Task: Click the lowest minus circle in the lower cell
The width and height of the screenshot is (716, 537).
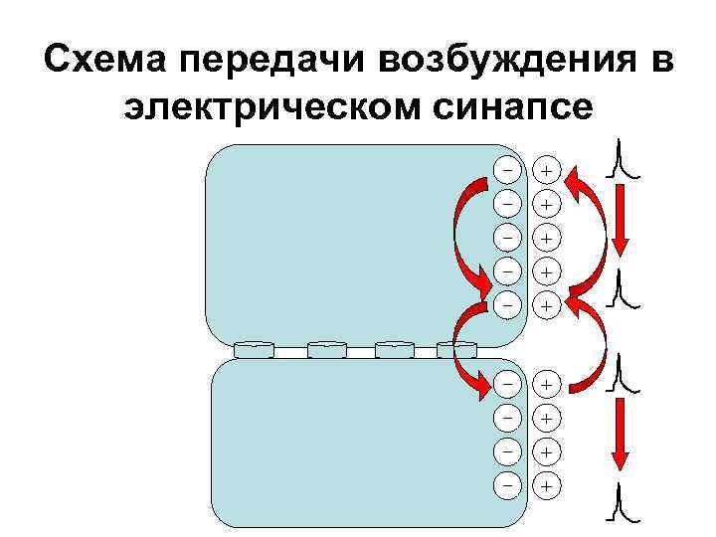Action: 507,485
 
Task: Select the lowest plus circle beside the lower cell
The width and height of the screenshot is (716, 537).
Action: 546,485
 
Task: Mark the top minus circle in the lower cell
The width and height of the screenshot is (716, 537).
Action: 507,383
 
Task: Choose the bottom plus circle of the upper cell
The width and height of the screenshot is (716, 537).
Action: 546,305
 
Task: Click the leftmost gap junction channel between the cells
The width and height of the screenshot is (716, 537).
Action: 254,349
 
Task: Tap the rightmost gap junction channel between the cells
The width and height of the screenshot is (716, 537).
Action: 457,349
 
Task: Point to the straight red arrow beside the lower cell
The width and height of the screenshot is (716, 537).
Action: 619,433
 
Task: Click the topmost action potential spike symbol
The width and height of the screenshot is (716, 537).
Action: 625,160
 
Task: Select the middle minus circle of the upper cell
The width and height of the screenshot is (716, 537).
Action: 507,237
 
